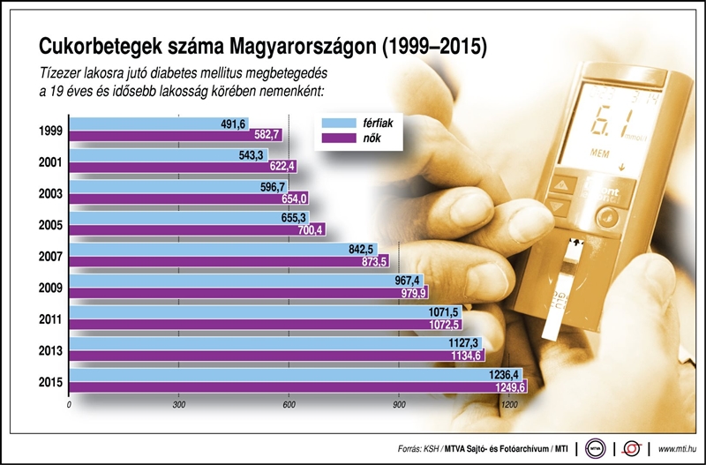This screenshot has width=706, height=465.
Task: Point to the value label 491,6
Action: pos(234,124)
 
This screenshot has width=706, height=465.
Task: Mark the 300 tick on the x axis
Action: pos(179,405)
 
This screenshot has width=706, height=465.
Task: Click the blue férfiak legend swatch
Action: pos(339,124)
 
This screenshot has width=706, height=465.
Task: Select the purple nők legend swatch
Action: pos(339,139)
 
